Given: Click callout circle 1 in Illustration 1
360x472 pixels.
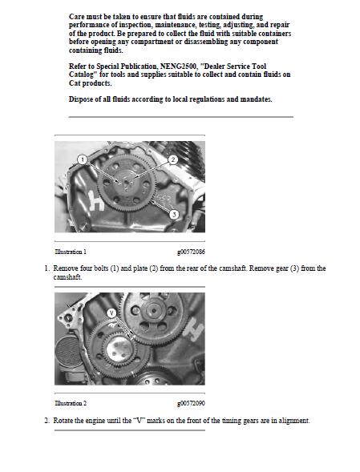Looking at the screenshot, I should click(x=82, y=160).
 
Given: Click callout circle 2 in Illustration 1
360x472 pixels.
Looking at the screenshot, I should click(x=172, y=160).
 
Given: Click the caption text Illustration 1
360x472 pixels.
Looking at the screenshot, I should click(x=71, y=252).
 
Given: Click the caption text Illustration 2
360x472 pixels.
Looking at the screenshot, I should click(x=71, y=403).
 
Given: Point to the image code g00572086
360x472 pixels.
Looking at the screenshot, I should click(x=191, y=252).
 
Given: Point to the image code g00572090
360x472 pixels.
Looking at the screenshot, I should click(x=191, y=403).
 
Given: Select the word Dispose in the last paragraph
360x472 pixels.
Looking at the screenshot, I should click(x=82, y=99).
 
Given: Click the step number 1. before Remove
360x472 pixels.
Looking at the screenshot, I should click(x=47, y=268).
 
